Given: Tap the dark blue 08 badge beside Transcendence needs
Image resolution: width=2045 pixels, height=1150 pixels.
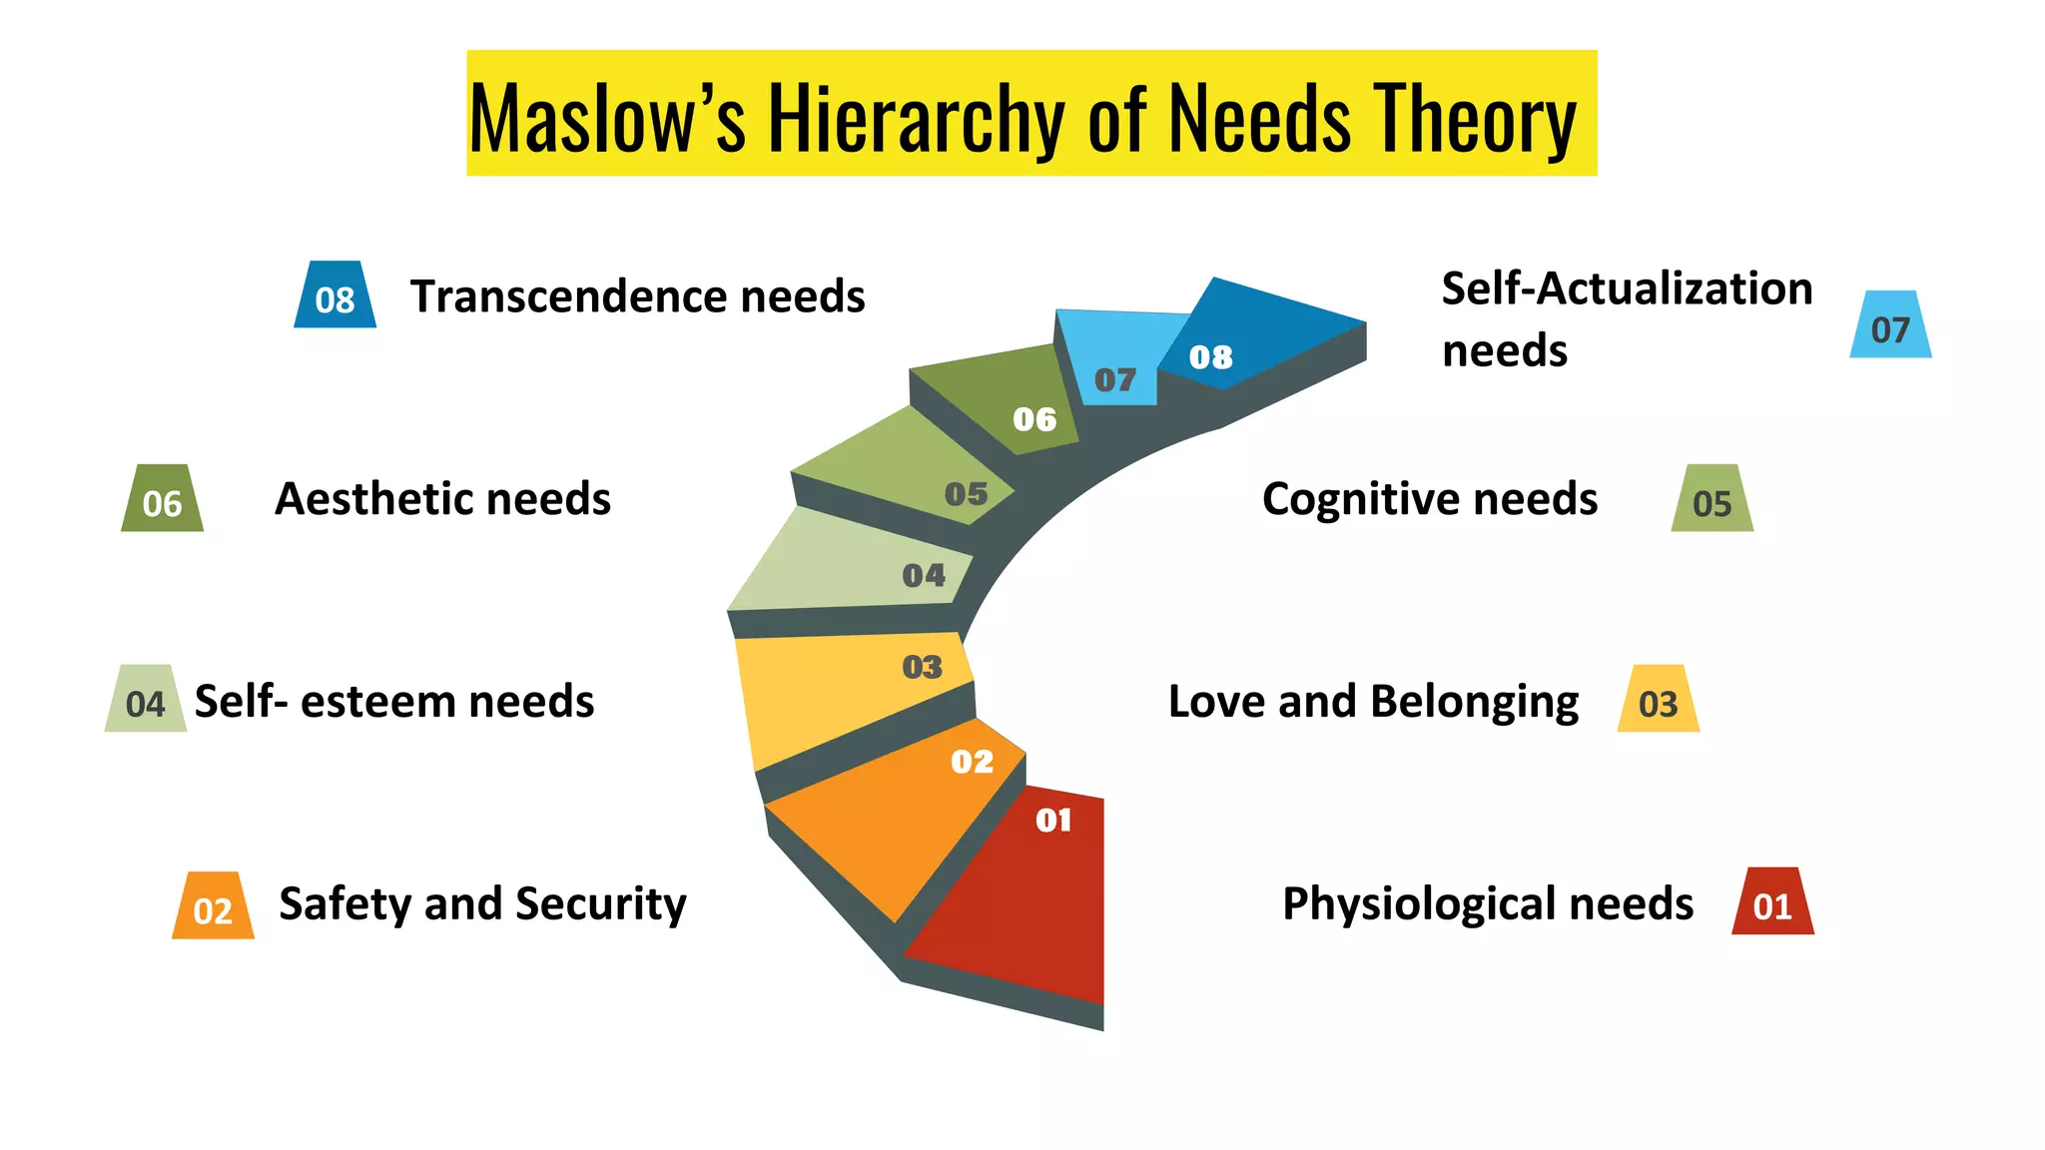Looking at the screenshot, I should (x=335, y=296).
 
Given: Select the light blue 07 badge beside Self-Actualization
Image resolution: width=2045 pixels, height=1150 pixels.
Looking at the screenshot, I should (x=1890, y=326).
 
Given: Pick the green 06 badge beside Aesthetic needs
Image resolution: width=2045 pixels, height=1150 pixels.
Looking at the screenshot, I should (x=162, y=500).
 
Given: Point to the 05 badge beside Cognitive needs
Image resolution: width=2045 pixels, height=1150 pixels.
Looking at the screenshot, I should (x=1711, y=500).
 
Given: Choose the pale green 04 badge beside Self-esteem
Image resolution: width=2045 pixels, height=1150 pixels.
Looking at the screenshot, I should (x=146, y=701).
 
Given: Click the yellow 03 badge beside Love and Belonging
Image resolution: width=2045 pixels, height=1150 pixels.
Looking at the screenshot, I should (x=1658, y=701).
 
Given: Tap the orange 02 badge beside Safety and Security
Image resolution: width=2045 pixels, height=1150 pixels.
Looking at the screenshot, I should (x=213, y=907).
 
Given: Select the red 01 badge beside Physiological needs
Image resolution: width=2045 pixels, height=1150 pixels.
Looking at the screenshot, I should (x=1772, y=903).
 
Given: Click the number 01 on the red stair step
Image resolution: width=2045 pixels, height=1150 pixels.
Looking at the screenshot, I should (x=1053, y=821).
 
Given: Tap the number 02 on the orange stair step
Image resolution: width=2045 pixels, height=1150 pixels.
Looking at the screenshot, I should (x=972, y=763).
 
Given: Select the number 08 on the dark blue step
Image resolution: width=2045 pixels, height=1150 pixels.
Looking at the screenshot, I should (x=1210, y=357).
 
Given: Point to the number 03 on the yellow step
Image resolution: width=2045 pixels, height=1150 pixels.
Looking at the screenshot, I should (x=922, y=667).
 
